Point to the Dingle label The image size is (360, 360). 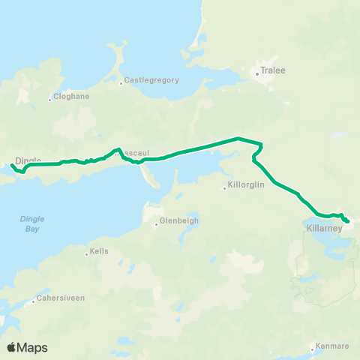pyautogui.click(x=28, y=160)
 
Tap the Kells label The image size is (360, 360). pyautogui.click(x=99, y=252)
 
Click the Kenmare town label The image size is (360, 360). pyautogui.click(x=334, y=346)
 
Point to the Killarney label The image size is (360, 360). pyautogui.click(x=324, y=227)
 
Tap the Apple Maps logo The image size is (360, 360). pyautogui.click(x=27, y=347)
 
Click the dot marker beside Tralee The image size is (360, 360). pyautogui.click(x=256, y=73)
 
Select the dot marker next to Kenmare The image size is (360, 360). pyautogui.click(x=313, y=346)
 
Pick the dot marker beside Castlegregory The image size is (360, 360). pyautogui.click(x=120, y=82)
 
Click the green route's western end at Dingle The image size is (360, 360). pyautogui.click(x=12, y=165)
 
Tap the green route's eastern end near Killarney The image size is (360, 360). pyautogui.click(x=348, y=221)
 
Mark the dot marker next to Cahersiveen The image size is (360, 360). pyautogui.click(x=34, y=301)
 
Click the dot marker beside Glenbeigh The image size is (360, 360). pyautogui.click(x=156, y=223)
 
